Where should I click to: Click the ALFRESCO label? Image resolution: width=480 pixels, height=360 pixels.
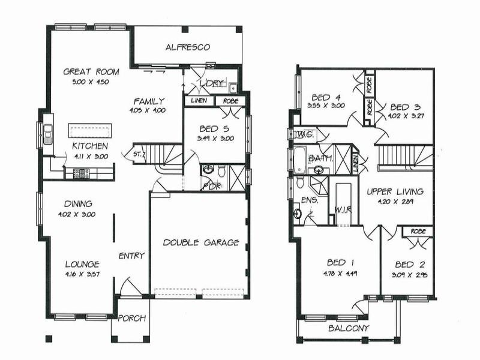pos(187,47)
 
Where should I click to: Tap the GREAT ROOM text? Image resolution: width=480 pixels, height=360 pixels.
pos(91,72)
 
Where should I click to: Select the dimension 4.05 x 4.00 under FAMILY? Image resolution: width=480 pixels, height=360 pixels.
pos(148,110)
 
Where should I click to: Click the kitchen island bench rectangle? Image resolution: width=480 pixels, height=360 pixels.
pos(91,130)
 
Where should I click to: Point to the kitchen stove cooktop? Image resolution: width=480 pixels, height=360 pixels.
pos(81,173)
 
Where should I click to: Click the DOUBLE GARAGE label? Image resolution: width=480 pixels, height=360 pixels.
pos(200,242)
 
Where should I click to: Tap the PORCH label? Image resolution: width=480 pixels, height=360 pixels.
pos(131,318)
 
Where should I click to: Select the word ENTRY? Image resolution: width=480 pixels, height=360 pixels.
pos(131,256)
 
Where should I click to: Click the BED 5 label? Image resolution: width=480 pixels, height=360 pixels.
pos(216,128)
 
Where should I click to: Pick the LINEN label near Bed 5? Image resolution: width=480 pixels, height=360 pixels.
pos(199,101)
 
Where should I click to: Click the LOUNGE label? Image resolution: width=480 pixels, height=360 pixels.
pos(82,264)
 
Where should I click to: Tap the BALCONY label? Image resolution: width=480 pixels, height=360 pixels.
pos(349,328)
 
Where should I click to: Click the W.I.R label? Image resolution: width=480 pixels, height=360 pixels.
pos(344,209)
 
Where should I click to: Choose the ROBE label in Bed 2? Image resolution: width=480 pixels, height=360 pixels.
pos(418,232)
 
